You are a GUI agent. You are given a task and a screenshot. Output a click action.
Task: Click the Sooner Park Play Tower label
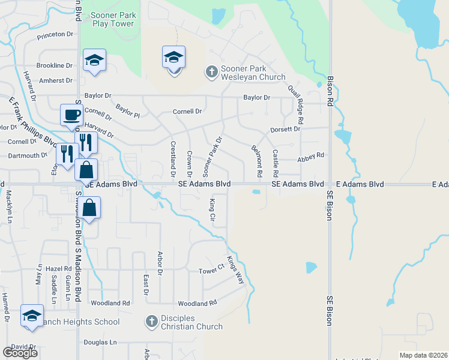pyautogui.click(x=113, y=19)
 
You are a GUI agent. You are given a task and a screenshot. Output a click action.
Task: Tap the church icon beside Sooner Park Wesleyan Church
pyautogui.click(x=211, y=73)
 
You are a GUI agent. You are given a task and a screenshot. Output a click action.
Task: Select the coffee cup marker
pyautogui.click(x=72, y=115)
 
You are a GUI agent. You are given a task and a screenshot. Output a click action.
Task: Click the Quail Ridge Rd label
pyautogui.click(x=297, y=100)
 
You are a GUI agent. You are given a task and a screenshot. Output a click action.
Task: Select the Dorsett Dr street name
pyautogui.click(x=285, y=129)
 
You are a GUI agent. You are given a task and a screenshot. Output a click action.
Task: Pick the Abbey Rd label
pyautogui.click(x=310, y=155)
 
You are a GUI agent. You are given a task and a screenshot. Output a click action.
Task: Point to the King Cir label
pyautogui.click(x=212, y=210)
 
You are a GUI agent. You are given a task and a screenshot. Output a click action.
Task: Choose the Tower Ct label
pyautogui.click(x=211, y=271)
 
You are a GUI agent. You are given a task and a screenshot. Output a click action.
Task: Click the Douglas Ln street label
pyautogui.click(x=100, y=343)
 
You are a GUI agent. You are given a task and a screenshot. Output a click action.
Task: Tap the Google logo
pyautogui.click(x=20, y=352)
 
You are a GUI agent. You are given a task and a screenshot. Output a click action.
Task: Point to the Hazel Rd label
pyautogui.click(x=59, y=269)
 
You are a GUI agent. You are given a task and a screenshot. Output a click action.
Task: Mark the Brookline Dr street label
pyautogui.click(x=54, y=65)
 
